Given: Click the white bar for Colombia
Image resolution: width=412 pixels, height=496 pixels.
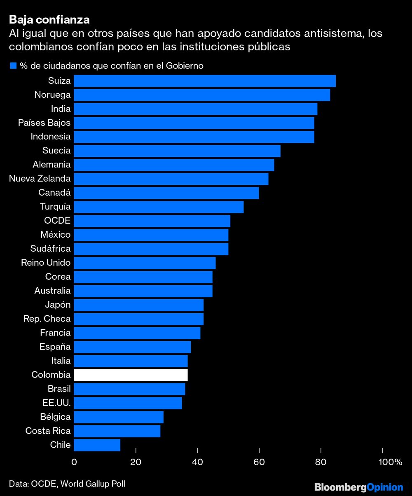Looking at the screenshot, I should pyautogui.click(x=131, y=375).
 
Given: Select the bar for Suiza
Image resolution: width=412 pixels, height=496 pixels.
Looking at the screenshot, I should pyautogui.click(x=205, y=81).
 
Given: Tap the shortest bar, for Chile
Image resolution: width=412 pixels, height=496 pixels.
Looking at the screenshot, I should pyautogui.click(x=97, y=445).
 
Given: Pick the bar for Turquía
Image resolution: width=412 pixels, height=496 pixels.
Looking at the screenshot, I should pyautogui.click(x=159, y=207).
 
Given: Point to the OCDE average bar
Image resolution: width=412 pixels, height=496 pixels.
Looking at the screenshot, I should pyautogui.click(x=152, y=221).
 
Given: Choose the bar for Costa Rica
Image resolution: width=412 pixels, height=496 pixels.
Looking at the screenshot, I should pyautogui.click(x=117, y=431).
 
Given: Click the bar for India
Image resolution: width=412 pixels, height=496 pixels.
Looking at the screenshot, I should pyautogui.click(x=196, y=109).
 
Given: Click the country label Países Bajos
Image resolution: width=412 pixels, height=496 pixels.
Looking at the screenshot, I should pyautogui.click(x=44, y=123).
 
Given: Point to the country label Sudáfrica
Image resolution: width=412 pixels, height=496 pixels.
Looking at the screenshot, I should pyautogui.click(x=50, y=248).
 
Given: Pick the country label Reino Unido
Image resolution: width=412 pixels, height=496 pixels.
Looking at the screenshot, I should pyautogui.click(x=46, y=262).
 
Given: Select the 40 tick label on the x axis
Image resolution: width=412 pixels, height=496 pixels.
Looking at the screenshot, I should pyautogui.click(x=197, y=462).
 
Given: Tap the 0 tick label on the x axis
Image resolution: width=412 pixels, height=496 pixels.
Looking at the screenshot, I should pyautogui.click(x=74, y=462).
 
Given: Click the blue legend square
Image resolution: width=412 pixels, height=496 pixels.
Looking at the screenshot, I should pyautogui.click(x=13, y=66).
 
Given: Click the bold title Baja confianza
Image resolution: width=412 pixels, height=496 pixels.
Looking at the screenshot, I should pyautogui.click(x=49, y=20).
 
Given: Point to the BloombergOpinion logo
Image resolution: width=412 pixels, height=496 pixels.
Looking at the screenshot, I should pyautogui.click(x=358, y=487).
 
